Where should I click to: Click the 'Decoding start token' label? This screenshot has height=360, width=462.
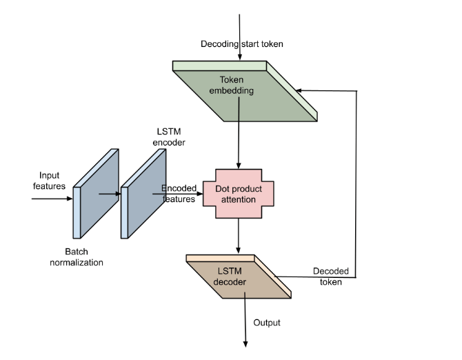[242, 44]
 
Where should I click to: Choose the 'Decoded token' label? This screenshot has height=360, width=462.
[331, 276]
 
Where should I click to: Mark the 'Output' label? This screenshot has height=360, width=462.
[267, 323]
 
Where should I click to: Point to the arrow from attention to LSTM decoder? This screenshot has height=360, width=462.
[239, 236]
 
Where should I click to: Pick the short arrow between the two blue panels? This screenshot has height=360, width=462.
[110, 194]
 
